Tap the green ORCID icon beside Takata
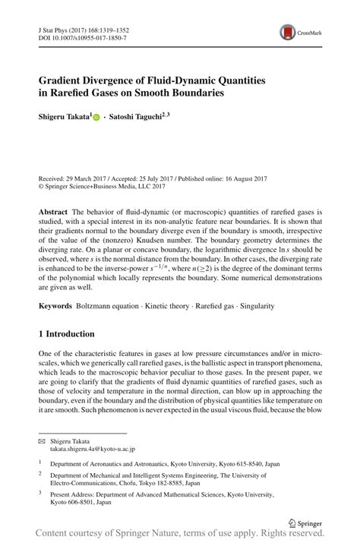click(x=96, y=118)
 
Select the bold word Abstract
click(x=53, y=210)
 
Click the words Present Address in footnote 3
click(x=72, y=493)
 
